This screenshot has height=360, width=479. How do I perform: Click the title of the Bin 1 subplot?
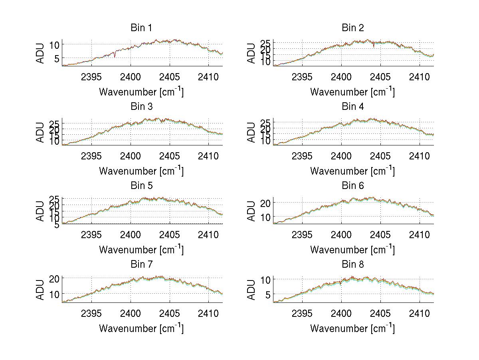[x=141, y=28]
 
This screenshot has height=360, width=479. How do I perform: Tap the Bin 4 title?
[x=352, y=107]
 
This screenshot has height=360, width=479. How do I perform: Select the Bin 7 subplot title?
[x=141, y=265]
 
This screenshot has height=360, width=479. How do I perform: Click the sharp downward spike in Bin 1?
[x=115, y=56]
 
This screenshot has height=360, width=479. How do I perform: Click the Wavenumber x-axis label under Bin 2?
[x=352, y=92]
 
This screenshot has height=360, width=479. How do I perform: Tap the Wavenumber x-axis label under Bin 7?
[x=141, y=328]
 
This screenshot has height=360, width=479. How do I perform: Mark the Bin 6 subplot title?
[x=352, y=186]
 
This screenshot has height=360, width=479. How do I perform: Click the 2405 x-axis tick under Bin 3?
[x=169, y=155]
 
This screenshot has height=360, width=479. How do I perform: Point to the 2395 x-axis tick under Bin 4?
[x=303, y=155]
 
